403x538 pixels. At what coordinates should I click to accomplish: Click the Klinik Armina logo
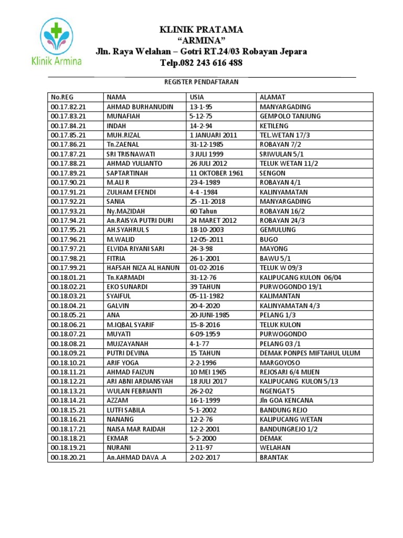click(61, 42)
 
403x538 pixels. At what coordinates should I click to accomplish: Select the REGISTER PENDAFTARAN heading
click(201, 82)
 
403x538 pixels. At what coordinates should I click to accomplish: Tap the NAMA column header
click(116, 97)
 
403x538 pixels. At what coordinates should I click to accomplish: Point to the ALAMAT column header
click(272, 97)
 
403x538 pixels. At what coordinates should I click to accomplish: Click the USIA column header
click(197, 97)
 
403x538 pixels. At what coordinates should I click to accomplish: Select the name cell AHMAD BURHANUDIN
click(140, 107)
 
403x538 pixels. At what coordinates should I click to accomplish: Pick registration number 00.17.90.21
click(68, 182)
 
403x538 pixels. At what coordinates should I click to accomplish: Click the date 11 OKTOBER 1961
click(216, 173)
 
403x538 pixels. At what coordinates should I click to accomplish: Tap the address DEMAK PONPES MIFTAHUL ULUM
click(310, 353)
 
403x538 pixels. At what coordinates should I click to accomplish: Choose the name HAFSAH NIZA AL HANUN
click(143, 267)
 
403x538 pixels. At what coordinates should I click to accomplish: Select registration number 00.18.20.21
click(68, 457)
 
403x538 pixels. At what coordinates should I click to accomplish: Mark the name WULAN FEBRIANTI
click(134, 391)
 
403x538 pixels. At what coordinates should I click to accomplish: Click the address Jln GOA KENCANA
click(287, 400)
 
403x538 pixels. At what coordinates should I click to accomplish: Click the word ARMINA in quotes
click(201, 40)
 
